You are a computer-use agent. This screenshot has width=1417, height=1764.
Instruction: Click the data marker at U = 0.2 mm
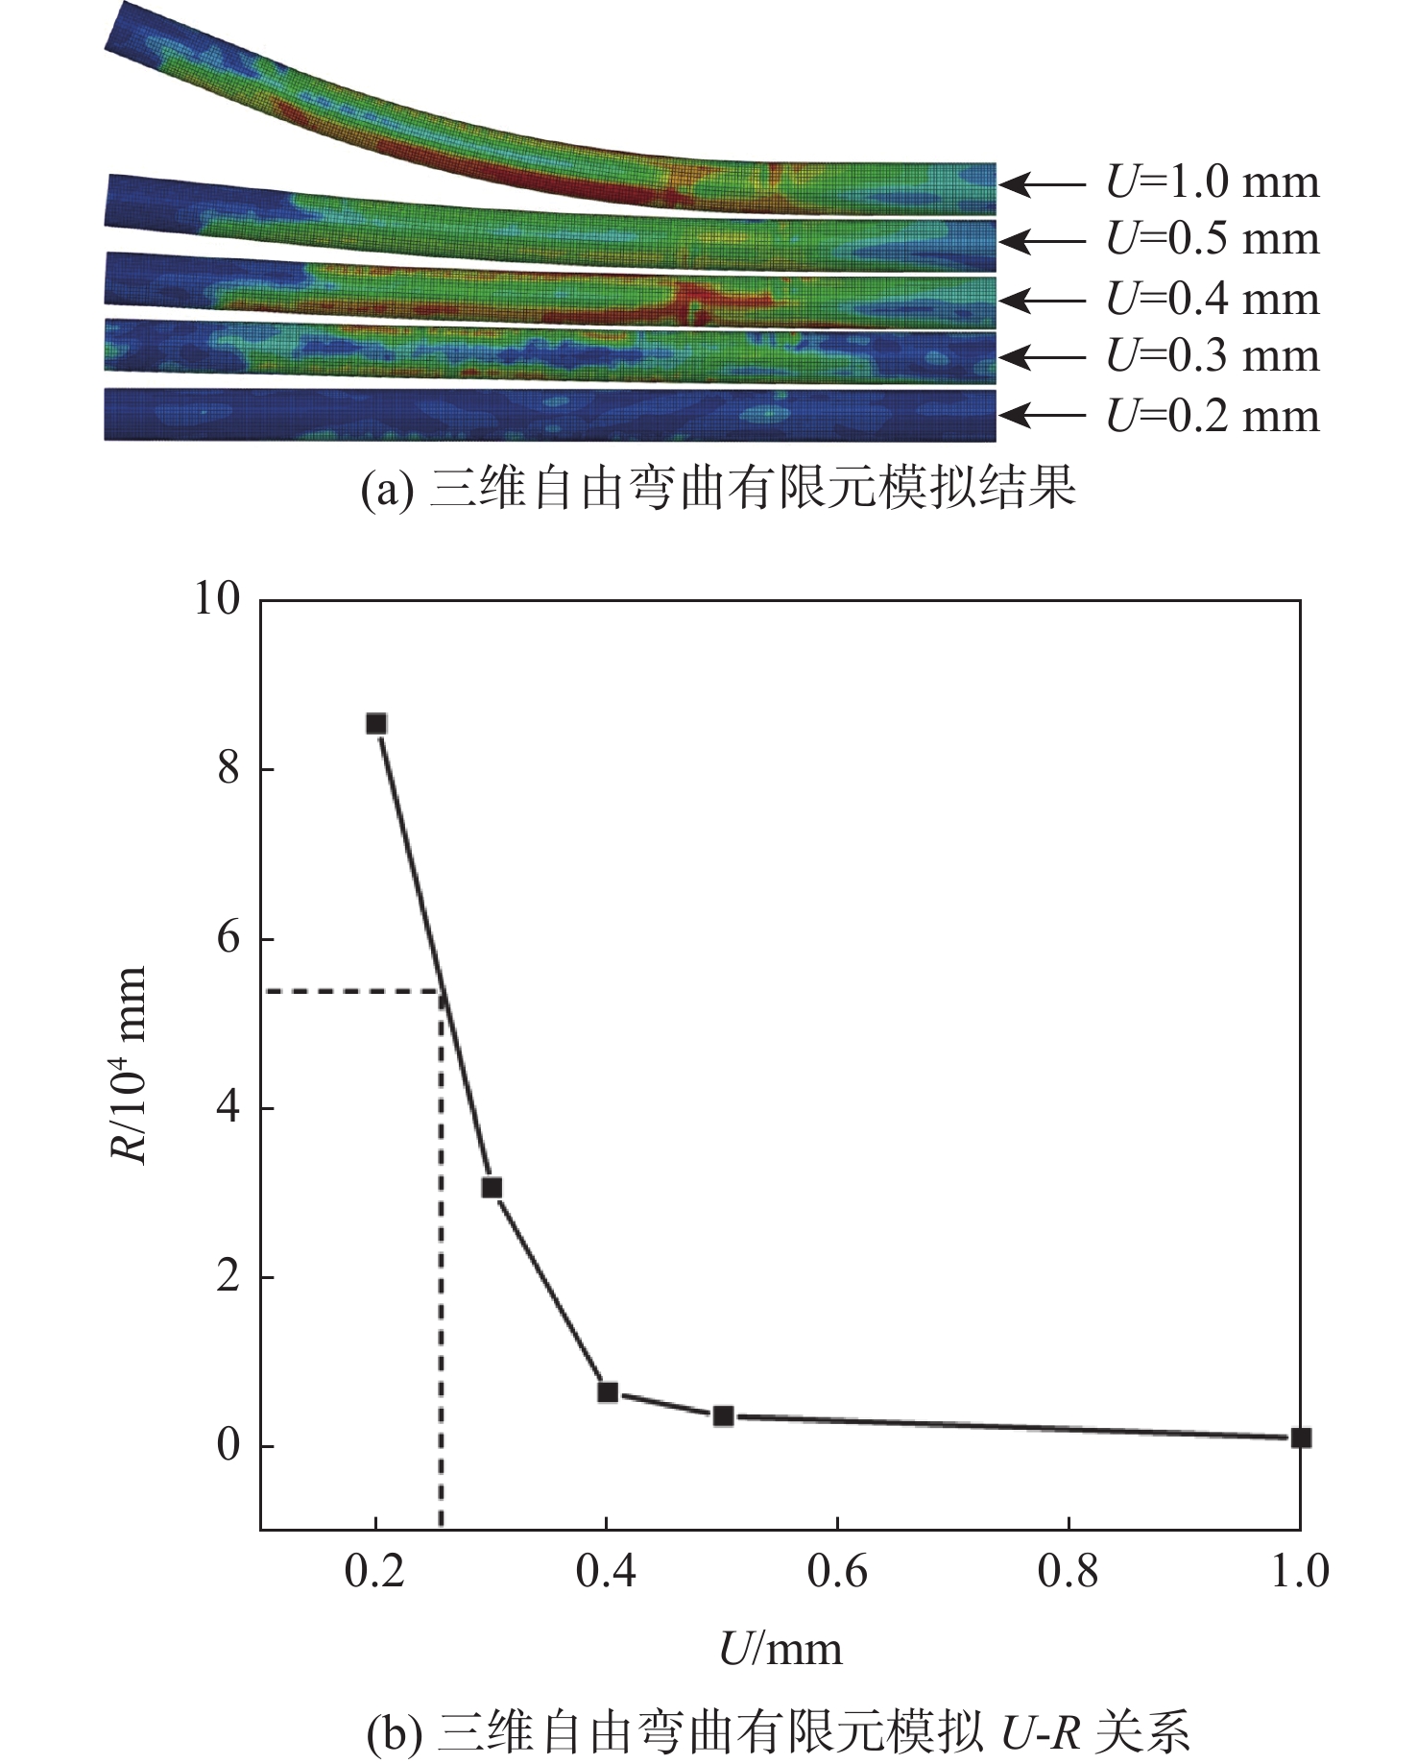click(376, 723)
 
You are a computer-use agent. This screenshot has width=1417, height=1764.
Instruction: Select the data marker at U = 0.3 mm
click(492, 1188)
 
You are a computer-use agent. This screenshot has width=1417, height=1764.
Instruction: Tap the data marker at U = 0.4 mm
click(607, 1391)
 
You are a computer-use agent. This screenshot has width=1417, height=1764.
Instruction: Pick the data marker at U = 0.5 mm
click(724, 1415)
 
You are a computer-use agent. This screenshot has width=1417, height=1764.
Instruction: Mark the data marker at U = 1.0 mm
click(1301, 1438)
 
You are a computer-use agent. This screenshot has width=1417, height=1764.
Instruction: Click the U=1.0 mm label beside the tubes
click(1213, 182)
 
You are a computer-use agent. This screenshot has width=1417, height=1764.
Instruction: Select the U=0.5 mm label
click(1213, 240)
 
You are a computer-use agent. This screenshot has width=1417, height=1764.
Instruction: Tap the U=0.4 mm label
click(1213, 300)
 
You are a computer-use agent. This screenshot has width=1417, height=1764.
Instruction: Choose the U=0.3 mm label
click(1213, 356)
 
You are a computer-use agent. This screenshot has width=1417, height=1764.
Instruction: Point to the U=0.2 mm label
click(1213, 416)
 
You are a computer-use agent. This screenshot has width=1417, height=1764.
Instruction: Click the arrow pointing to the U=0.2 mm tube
click(1041, 416)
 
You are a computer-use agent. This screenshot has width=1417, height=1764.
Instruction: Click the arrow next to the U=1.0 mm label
click(1041, 182)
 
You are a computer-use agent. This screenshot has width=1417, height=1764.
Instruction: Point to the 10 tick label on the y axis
click(217, 599)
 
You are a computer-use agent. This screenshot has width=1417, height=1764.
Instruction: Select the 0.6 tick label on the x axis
click(837, 1572)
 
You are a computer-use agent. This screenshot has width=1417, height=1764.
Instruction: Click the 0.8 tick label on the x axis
click(1069, 1572)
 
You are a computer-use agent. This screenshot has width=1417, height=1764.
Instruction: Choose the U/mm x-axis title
click(781, 1649)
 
